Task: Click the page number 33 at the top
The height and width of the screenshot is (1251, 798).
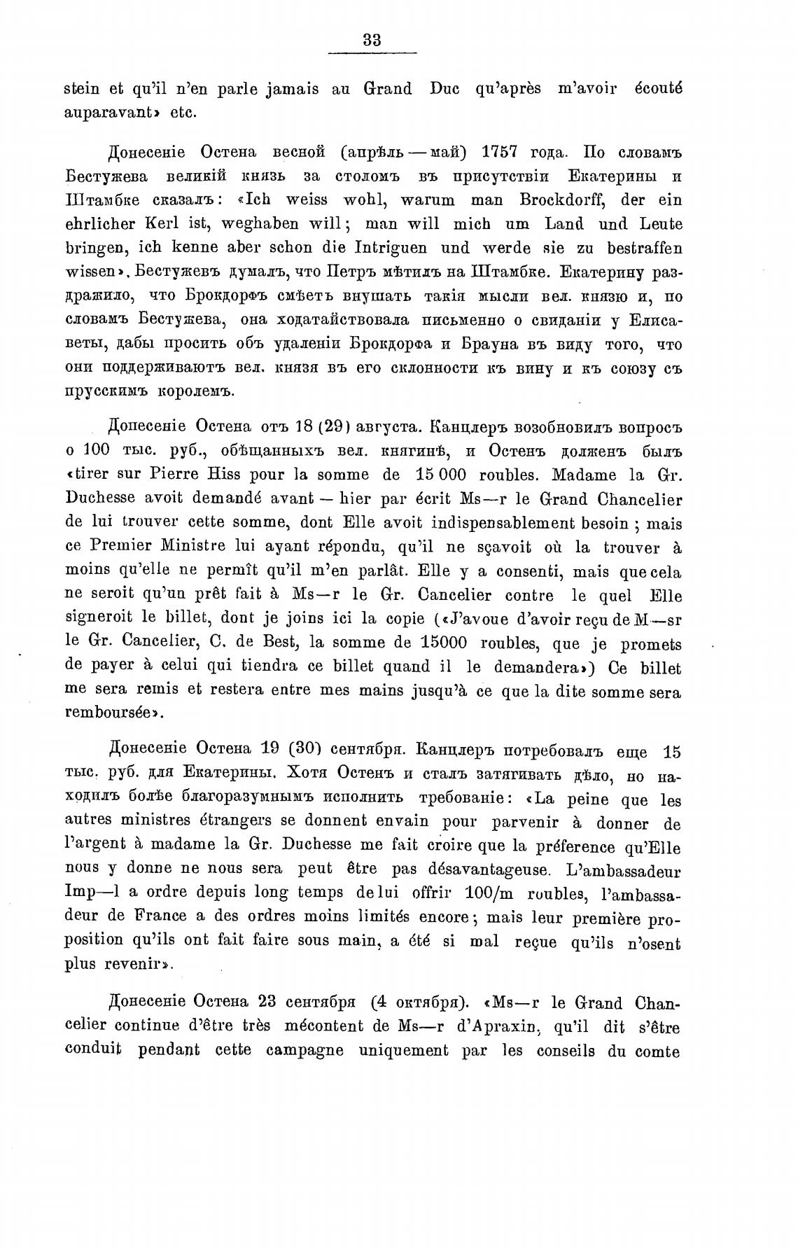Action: point(372,40)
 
